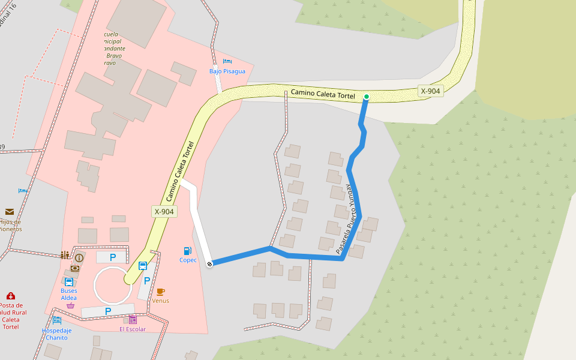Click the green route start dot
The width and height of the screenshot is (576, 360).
click(367, 97)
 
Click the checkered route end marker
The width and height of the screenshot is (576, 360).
click(209, 264)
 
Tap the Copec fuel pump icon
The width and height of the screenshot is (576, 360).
click(188, 251)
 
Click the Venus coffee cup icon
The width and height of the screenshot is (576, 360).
click(160, 292)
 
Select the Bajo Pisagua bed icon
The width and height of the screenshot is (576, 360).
click(227, 61)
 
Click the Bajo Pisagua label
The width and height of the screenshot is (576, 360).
click(227, 71)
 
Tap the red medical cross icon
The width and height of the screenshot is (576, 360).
click(11, 296)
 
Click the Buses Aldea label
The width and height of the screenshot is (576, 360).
click(68, 294)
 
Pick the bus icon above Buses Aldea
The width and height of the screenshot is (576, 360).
click(68, 281)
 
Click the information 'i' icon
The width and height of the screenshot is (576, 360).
click(79, 257)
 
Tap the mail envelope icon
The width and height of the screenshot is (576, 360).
click(10, 211)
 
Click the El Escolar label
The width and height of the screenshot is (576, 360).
click(132, 329)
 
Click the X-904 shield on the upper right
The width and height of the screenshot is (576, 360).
click(431, 91)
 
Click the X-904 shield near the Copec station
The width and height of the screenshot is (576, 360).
click(164, 211)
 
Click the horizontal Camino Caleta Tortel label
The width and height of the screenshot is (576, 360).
click(323, 94)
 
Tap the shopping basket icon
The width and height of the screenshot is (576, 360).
click(71, 305)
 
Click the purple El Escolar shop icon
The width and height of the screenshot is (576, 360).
click(133, 320)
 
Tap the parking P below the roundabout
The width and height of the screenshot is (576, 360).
click(108, 311)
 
